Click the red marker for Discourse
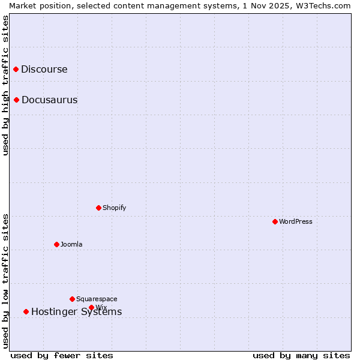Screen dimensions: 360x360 click(16, 70)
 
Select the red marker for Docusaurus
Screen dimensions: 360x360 click(17, 100)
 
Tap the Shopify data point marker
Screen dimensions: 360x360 click(99, 208)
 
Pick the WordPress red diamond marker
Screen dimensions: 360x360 click(275, 222)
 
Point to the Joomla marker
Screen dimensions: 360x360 click(57, 245)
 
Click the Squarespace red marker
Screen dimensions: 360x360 click(73, 299)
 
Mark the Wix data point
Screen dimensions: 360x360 click(92, 308)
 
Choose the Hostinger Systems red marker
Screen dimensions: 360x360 click(26, 312)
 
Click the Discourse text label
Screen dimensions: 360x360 click(44, 70)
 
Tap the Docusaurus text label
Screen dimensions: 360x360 click(49, 100)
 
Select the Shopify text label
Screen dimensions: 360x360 click(114, 208)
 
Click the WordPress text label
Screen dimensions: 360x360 click(295, 222)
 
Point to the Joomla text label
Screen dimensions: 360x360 click(71, 245)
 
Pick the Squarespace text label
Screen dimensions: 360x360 click(97, 299)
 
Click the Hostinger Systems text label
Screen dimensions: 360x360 click(76, 312)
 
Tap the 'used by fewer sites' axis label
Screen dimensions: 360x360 click(62, 356)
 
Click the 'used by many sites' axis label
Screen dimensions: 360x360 click(301, 356)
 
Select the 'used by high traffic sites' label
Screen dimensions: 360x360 click(6, 85)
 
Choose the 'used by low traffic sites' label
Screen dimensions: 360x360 click(6, 280)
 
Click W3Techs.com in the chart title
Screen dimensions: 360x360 click(324, 5)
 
